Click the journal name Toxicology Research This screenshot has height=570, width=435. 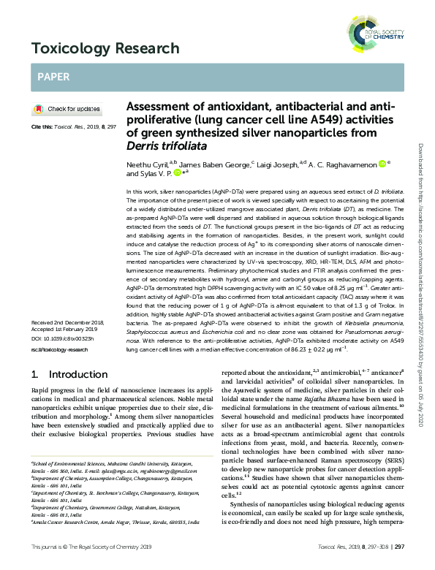tap(105, 49)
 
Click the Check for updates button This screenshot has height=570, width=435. tap(67, 109)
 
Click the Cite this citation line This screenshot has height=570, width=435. tap(73, 127)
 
